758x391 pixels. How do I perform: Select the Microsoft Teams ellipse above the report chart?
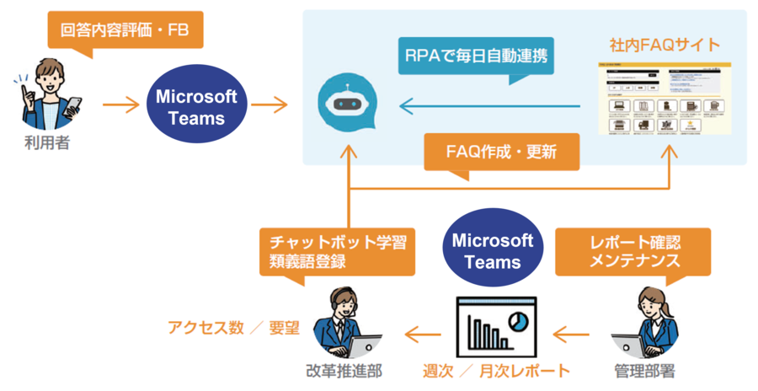(493, 251)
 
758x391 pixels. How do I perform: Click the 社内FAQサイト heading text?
(665, 43)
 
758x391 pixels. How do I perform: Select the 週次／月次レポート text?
(496, 371)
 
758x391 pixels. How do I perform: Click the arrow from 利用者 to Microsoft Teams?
(120, 106)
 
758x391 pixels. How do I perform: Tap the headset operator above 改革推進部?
(340, 324)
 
